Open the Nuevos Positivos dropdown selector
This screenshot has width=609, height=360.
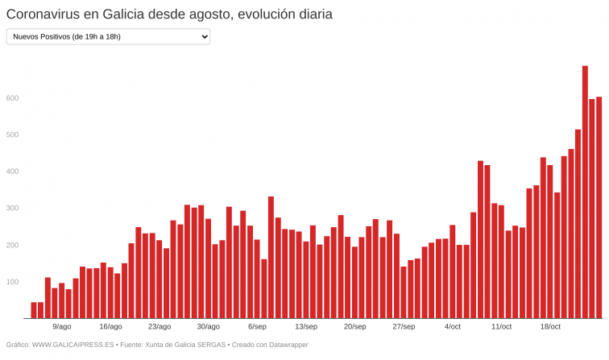[108, 36]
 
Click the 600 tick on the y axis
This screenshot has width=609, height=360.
[11, 98]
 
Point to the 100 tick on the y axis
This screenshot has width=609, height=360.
[11, 282]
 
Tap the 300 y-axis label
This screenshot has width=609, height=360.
[11, 209]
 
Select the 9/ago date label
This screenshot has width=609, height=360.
[61, 327]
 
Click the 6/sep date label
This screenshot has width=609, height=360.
[257, 327]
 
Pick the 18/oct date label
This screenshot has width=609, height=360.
[550, 327]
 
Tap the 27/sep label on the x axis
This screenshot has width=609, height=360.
[404, 327]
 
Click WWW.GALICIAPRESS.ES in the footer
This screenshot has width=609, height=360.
[72, 345]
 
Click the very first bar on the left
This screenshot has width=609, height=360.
[34, 310]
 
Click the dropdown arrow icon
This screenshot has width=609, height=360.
[203, 36]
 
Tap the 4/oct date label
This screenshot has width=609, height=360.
[453, 327]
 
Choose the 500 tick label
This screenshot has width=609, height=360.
[11, 134]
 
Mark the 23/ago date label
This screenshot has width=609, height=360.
[159, 327]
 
